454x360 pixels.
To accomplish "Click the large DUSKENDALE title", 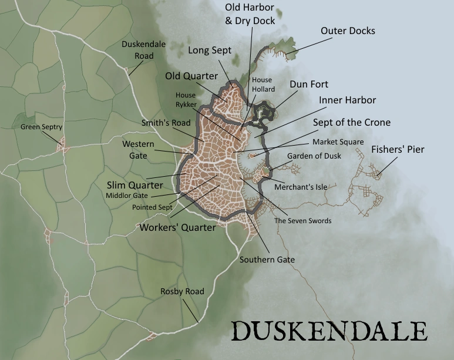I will [x=328, y=331].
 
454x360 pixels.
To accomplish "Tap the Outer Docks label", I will [x=348, y=31].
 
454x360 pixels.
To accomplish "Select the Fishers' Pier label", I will [x=398, y=150].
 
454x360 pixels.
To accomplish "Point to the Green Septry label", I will [x=41, y=127].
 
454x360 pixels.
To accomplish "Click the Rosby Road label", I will [x=182, y=291].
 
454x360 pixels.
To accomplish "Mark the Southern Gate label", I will [x=267, y=259].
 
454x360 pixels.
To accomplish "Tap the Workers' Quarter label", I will [x=177, y=227].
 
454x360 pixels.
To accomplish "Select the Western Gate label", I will [x=138, y=150].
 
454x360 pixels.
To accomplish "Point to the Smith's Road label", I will [x=166, y=123].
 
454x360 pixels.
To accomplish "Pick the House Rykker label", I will [x=185, y=99].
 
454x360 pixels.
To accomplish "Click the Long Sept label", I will [x=210, y=51].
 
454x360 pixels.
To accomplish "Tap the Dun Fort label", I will [x=309, y=84].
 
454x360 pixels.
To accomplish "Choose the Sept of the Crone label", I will [x=352, y=122].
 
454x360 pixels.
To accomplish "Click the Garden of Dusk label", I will [x=314, y=156].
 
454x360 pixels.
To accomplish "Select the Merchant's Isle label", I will [x=300, y=187].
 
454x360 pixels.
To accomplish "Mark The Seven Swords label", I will [x=303, y=221].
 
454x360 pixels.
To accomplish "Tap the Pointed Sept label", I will [x=152, y=207].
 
